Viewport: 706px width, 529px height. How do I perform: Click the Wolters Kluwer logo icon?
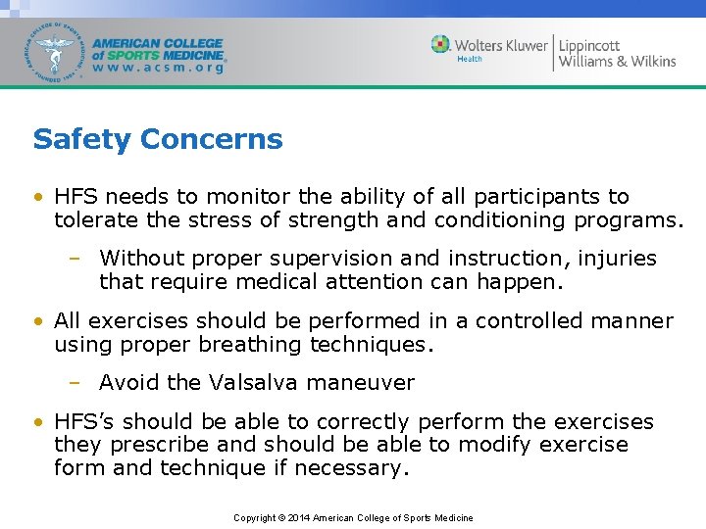point(441,44)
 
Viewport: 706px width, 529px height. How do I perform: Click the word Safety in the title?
point(82,139)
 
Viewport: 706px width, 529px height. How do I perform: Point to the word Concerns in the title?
point(211,139)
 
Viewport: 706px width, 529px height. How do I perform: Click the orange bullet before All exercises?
point(37,322)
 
